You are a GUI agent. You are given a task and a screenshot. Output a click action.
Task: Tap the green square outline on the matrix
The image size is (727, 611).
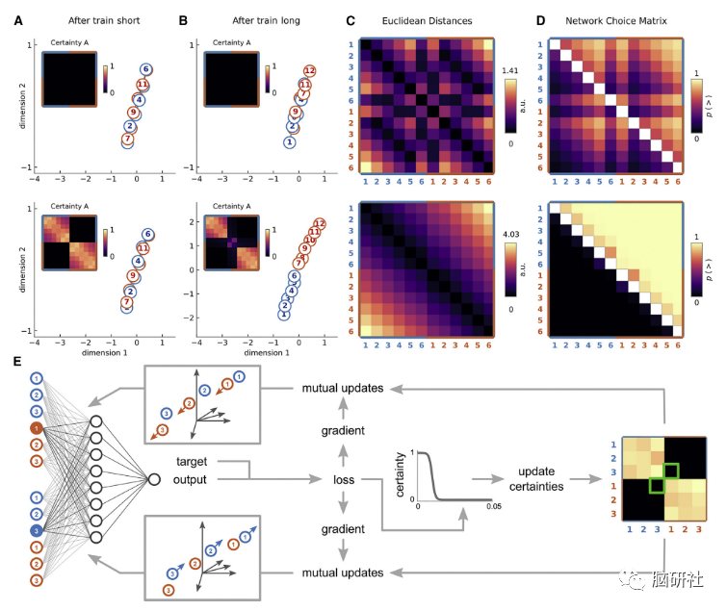coord(661,478)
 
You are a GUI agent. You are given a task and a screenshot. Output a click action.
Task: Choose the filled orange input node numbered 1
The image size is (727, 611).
coord(36,426)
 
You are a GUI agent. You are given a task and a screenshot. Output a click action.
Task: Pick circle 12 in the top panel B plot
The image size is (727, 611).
coord(309,71)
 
